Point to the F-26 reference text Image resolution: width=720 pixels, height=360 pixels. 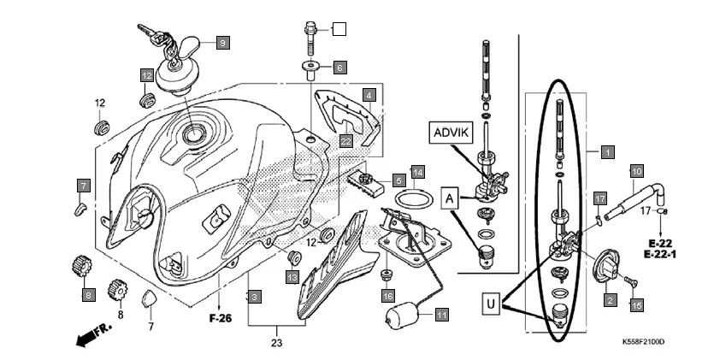tap(221, 321)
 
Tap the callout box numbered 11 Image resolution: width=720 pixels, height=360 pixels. tap(441, 315)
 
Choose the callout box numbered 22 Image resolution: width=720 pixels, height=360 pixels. tap(345, 140)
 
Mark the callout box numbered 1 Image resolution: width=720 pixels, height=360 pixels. tap(607, 153)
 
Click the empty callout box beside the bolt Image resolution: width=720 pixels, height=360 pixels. tap(339, 29)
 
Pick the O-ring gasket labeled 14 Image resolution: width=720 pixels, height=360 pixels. tap(414, 199)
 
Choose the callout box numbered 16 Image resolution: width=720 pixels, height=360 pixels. tap(387, 296)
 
